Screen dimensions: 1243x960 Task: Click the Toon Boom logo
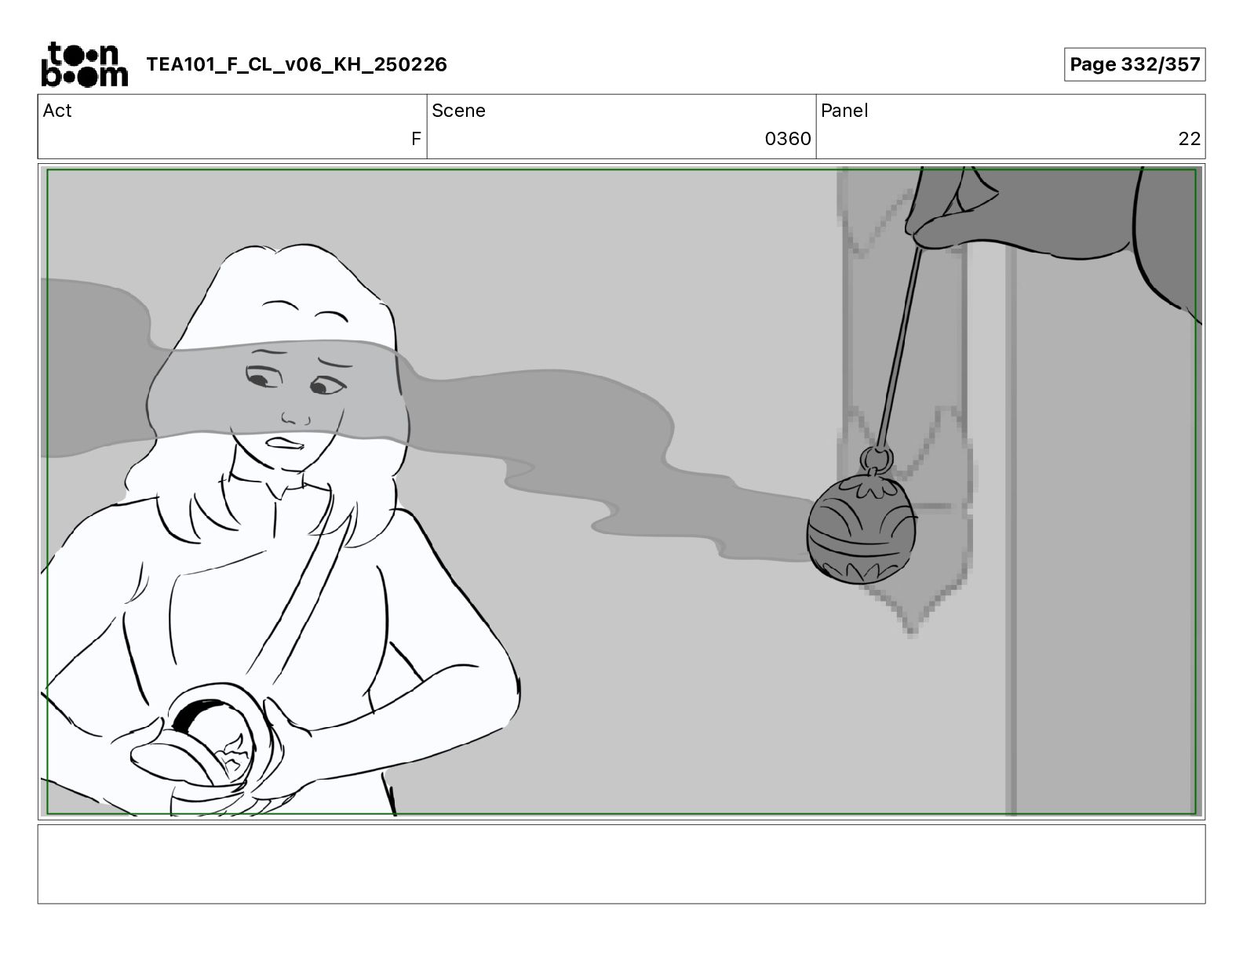[x=85, y=64]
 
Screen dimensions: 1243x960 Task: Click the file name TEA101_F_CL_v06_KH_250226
[x=297, y=64]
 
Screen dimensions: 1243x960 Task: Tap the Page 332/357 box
[x=1135, y=64]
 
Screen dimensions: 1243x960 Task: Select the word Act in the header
[x=57, y=111]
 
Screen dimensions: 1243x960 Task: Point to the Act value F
[x=416, y=138]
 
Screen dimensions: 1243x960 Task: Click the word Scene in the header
[x=458, y=111]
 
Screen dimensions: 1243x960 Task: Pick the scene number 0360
[x=788, y=138]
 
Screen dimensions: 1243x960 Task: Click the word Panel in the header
[x=844, y=111]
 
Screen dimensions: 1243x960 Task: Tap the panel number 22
[x=1189, y=138]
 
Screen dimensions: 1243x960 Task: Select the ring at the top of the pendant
[x=876, y=459]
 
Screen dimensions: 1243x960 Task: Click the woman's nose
[x=296, y=416]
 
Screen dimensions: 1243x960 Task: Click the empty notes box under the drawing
[x=621, y=864]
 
